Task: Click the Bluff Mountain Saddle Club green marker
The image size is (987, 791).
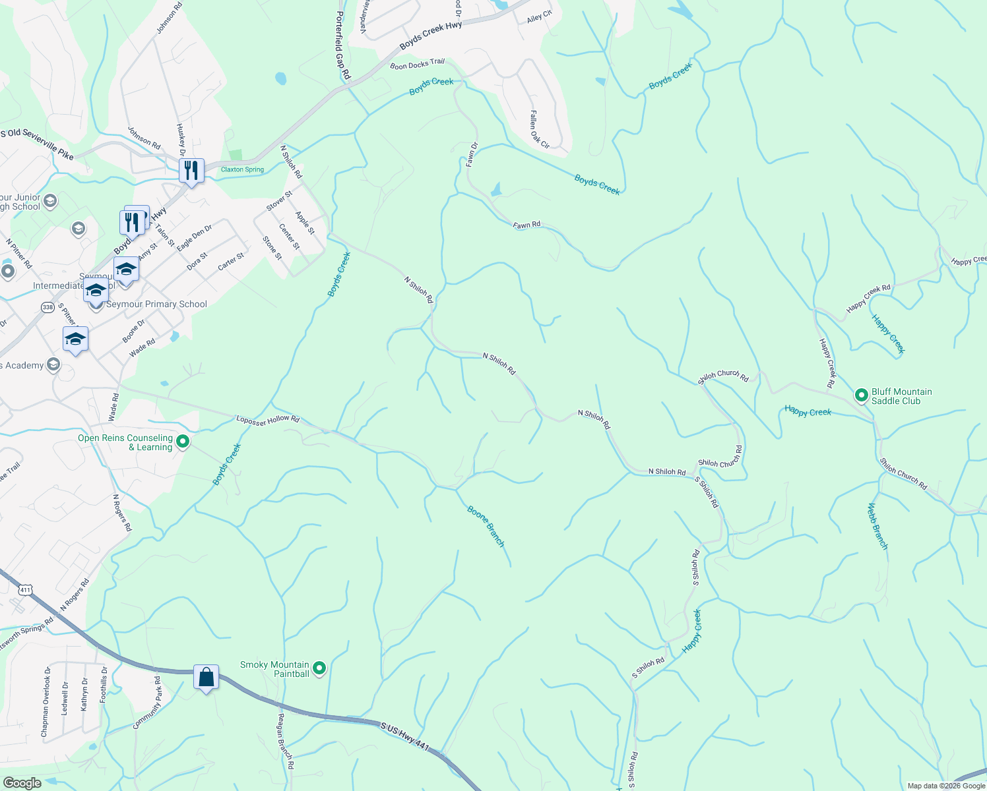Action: tap(861, 395)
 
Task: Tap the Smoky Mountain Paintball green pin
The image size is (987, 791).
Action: tap(319, 669)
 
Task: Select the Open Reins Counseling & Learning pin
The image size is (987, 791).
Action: tap(183, 442)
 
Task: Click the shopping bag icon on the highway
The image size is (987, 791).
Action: tap(206, 678)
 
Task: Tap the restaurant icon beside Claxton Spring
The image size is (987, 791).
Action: tap(191, 171)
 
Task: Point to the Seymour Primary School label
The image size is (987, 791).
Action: tap(156, 305)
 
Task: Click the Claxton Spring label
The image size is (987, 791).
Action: tap(242, 169)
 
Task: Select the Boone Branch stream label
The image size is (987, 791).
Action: tap(486, 526)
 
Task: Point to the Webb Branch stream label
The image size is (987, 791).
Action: tap(877, 526)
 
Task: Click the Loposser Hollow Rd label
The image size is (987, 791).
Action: tap(268, 419)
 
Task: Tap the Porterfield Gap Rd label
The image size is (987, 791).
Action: tap(342, 45)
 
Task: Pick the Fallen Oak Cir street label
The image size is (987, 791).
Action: tap(538, 129)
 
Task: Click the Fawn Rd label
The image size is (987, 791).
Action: tap(526, 225)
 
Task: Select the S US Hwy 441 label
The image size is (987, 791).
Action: tap(404, 736)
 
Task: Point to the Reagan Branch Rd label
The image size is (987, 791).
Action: tap(285, 742)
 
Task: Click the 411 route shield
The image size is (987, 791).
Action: tap(25, 590)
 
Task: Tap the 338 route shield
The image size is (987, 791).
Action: tap(48, 307)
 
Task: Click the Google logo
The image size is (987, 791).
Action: tap(22, 783)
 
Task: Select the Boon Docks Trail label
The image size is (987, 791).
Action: tap(417, 64)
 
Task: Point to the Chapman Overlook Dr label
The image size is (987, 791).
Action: tap(45, 702)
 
